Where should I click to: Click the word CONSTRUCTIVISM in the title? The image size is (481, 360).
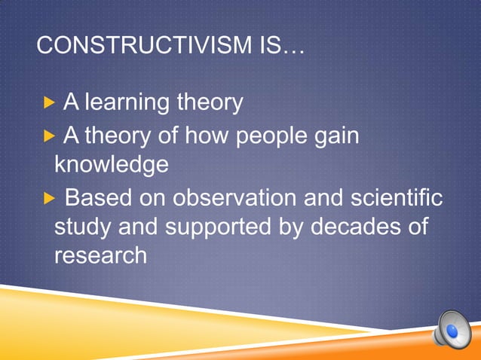pos(142,48)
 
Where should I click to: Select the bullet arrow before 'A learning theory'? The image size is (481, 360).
pos(49,102)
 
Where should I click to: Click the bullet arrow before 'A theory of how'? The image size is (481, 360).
pos(49,137)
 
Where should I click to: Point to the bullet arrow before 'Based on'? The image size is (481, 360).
pos(49,200)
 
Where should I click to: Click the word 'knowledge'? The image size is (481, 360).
pos(111,164)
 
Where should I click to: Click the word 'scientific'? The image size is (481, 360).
pos(395,199)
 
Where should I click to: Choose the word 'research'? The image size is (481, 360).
pos(100,255)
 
